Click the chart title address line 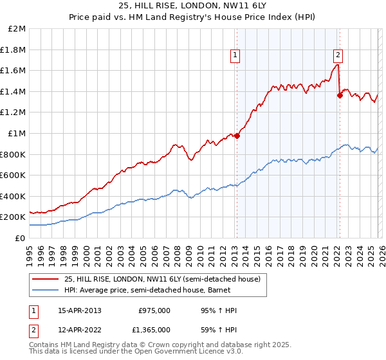pos(192,6)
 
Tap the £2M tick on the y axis pos(17,29)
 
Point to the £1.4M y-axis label pos(14,91)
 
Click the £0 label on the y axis pos(21,238)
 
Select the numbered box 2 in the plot pos(338,55)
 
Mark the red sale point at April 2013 pos(237,136)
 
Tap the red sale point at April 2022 pos(339,95)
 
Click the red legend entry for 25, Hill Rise pos(158,279)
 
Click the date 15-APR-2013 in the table pos(79,310)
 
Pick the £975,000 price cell pos(154,310)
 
